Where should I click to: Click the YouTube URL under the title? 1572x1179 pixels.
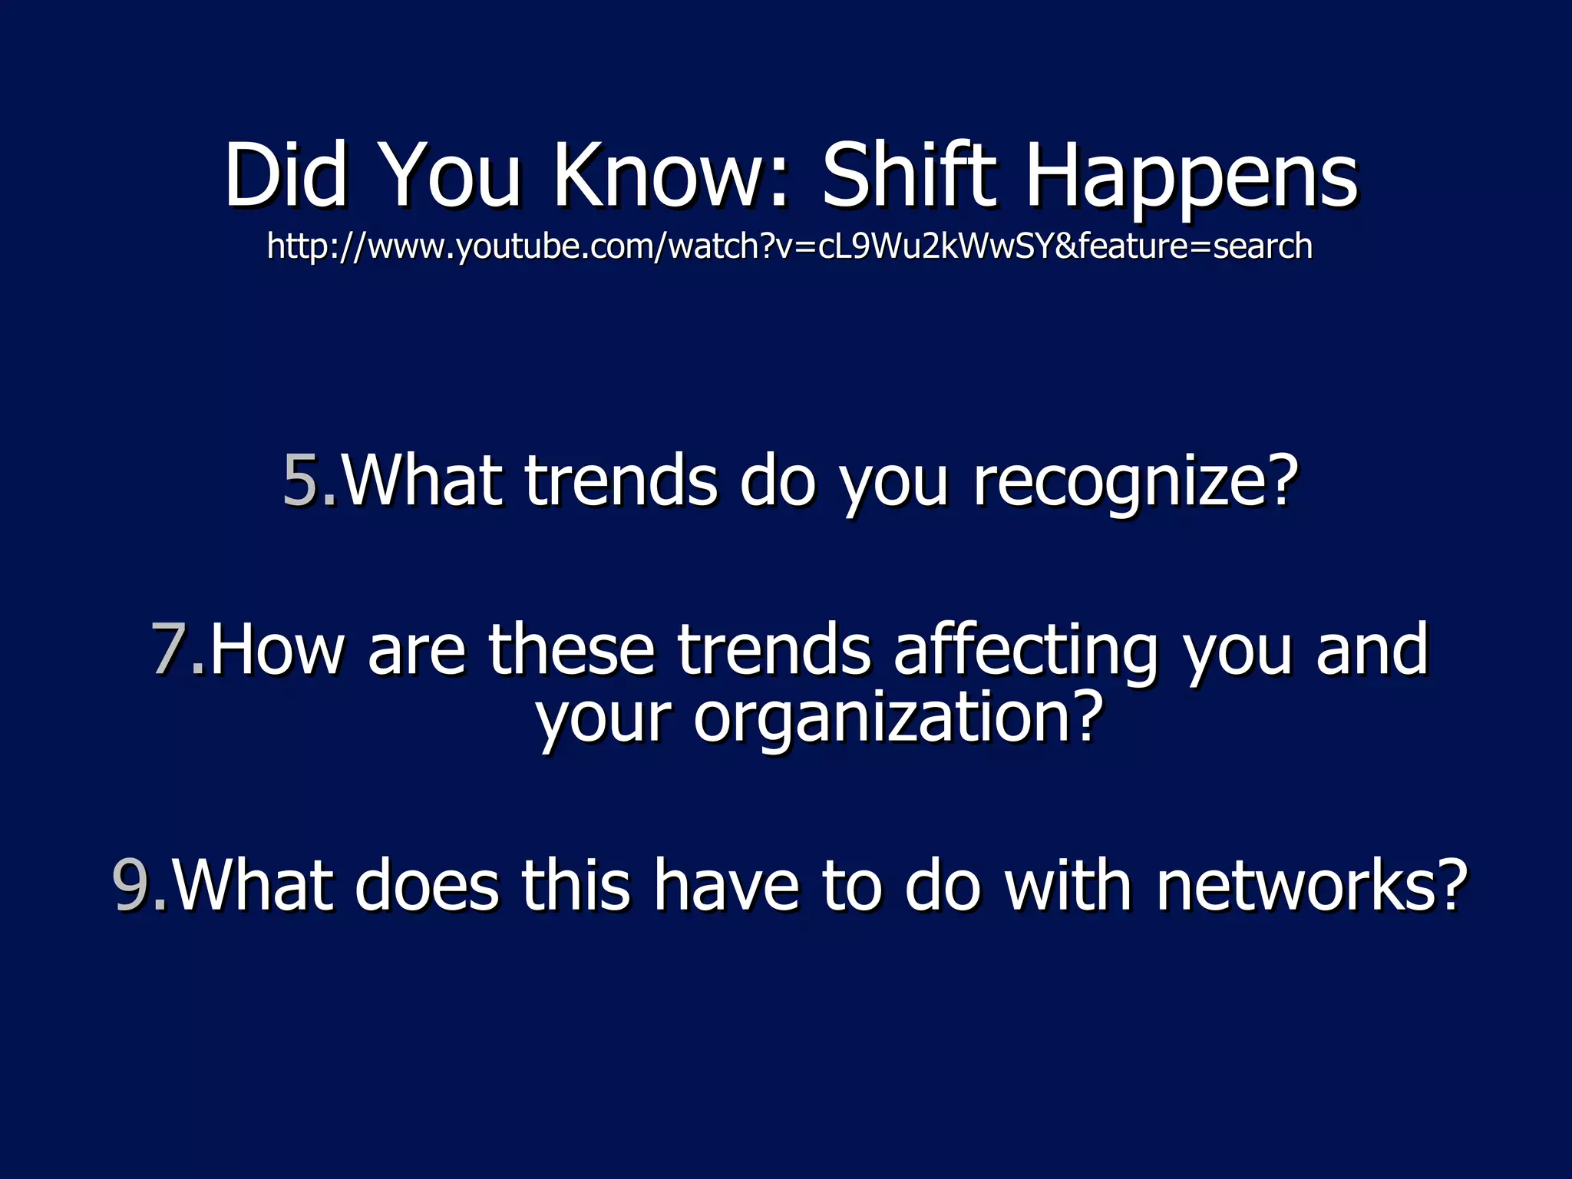[x=789, y=246]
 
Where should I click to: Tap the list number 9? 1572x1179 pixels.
[x=132, y=885]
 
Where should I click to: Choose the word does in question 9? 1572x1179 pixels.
[x=426, y=885]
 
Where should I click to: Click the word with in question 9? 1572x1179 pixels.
[x=1068, y=885]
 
